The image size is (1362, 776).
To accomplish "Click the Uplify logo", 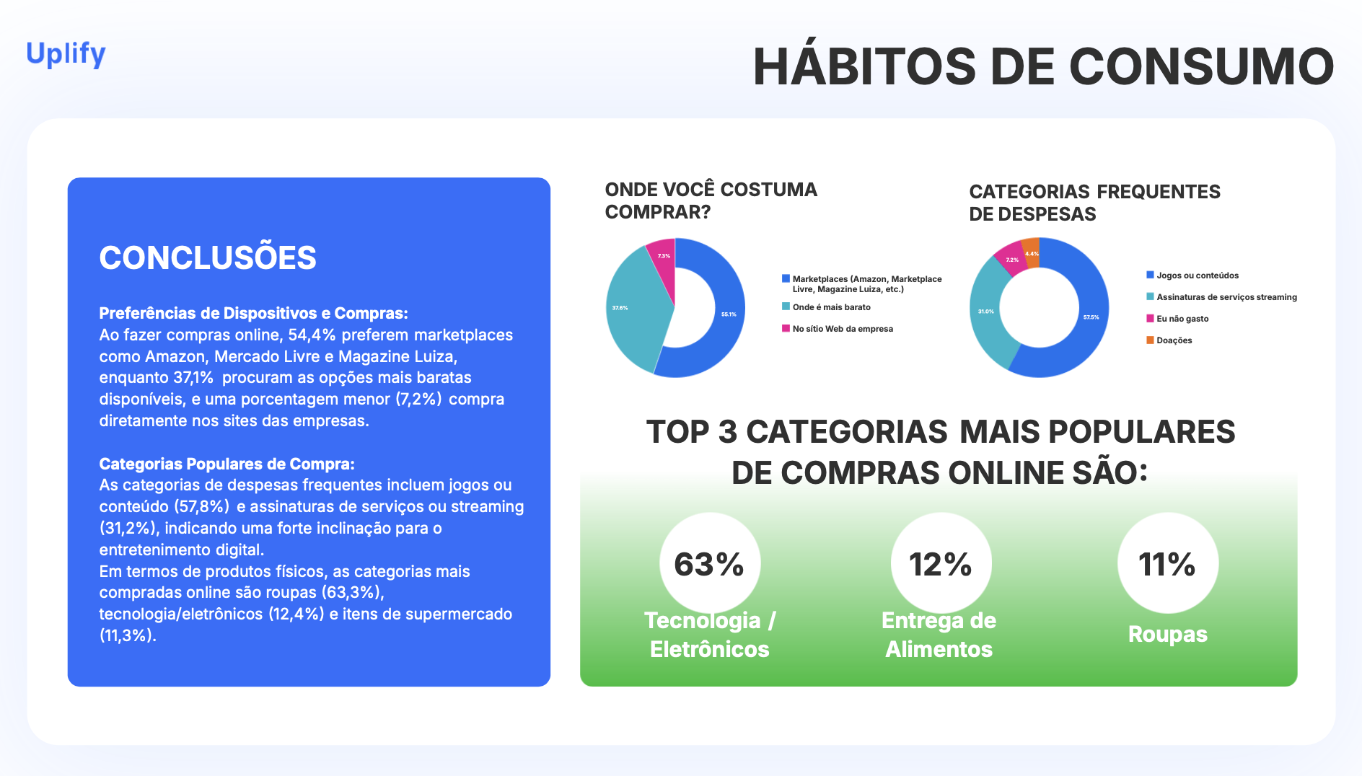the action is click(x=66, y=54).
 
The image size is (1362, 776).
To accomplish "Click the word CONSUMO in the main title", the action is click(x=1201, y=67).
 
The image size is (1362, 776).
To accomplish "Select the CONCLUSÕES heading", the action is click(x=208, y=257).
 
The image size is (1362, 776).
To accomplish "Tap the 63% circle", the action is click(x=709, y=563).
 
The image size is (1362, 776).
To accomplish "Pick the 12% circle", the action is click(x=941, y=563).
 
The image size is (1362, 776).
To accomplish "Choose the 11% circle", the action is click(x=1167, y=563).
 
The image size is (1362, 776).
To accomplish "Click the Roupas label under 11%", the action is click(x=1167, y=634).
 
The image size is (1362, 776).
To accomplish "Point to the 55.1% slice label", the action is click(x=729, y=314).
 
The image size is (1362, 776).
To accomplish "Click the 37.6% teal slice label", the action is click(x=620, y=308).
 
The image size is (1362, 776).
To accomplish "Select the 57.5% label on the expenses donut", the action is click(x=1091, y=317).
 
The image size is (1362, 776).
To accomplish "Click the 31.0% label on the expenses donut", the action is click(x=985, y=312).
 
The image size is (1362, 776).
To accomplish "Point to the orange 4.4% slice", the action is click(x=1032, y=253).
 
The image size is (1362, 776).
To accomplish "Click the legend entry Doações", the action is click(x=1169, y=340).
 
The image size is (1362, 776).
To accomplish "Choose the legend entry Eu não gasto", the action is click(x=1177, y=319).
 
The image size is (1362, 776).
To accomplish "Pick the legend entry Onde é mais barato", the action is click(x=826, y=307).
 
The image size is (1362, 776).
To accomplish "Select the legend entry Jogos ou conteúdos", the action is click(x=1192, y=275).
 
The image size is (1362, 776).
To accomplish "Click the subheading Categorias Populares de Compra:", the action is click(x=227, y=464).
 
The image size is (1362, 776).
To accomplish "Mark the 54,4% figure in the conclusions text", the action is click(x=312, y=335).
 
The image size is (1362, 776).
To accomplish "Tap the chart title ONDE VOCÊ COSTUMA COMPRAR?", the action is click(x=711, y=200).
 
